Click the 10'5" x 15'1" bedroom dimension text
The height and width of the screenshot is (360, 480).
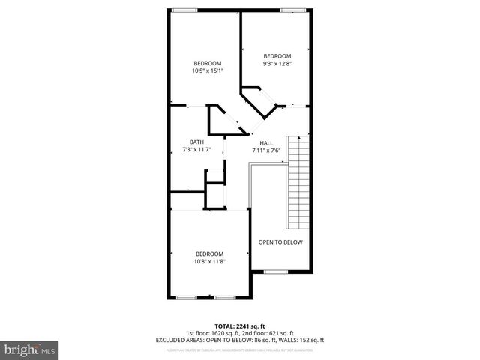pyautogui.click(x=208, y=70)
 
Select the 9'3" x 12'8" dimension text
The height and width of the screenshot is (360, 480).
pyautogui.click(x=277, y=64)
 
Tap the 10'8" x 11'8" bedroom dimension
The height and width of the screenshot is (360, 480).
pyautogui.click(x=210, y=261)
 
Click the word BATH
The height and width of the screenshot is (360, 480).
pyautogui.click(x=196, y=142)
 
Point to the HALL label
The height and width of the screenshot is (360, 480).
pyautogui.click(x=266, y=142)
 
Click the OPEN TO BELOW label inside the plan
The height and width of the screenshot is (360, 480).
pyautogui.click(x=280, y=242)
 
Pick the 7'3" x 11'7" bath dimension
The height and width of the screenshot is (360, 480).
pyautogui.click(x=196, y=150)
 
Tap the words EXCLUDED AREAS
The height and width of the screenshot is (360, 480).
pyautogui.click(x=176, y=340)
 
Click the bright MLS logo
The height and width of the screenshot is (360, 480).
pyautogui.click(x=29, y=349)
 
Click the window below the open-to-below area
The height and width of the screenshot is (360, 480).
pyautogui.click(x=274, y=271)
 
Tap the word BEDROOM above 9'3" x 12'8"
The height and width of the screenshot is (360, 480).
pyautogui.click(x=277, y=56)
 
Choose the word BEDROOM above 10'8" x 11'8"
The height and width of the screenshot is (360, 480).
pyautogui.click(x=210, y=253)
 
